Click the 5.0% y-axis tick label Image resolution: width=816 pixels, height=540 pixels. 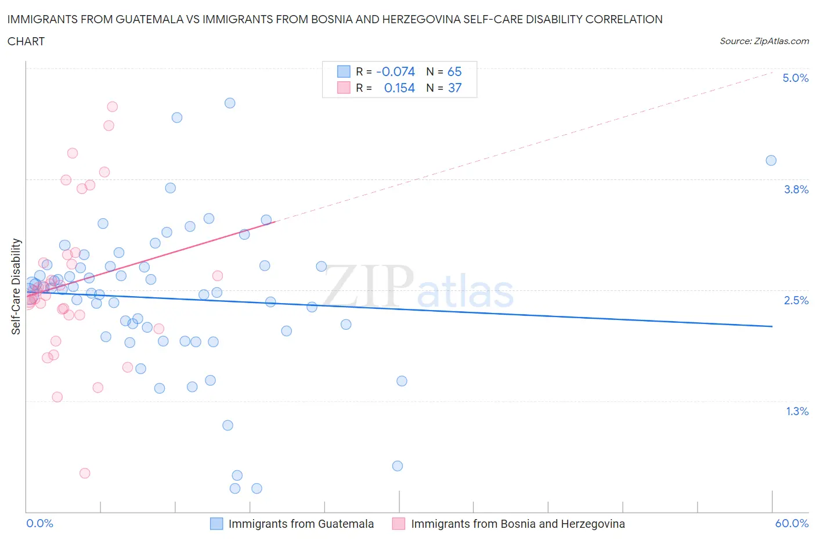pos(795,78)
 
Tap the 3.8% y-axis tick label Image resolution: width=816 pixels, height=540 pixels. pos(796,189)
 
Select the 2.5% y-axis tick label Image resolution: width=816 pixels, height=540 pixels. pos(796,300)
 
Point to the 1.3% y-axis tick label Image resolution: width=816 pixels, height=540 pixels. pos(797,411)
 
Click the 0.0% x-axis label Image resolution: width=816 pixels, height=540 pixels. pos(40,523)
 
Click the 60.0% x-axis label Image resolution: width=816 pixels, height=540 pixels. pos(792,523)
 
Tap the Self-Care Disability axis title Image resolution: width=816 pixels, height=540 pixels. pos(16,286)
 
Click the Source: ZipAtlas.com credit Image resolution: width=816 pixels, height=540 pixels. pos(764,41)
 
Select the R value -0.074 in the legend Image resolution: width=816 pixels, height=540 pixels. pos(395,71)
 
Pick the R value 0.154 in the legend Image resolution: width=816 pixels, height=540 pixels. pos(399,88)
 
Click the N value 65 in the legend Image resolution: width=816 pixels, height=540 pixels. pos(454,71)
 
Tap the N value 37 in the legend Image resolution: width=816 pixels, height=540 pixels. pos(454,88)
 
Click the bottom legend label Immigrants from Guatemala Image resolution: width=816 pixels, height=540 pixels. pos(301,524)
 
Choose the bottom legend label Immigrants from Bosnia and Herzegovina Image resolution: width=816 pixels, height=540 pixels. pos(518,524)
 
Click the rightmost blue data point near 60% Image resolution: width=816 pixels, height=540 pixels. pos(771,160)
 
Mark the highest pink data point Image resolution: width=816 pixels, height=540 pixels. pos(113,107)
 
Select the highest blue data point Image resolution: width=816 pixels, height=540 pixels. pos(230,103)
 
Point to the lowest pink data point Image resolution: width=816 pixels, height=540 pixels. pos(85,473)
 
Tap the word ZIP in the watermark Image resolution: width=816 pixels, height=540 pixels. pos(368,286)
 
